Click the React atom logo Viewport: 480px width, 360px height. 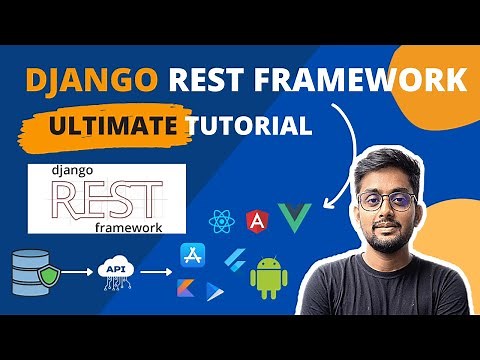[222, 220]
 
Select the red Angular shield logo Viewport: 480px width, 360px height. [258, 218]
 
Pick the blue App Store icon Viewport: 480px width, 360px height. [191, 258]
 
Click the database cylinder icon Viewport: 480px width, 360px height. [29, 272]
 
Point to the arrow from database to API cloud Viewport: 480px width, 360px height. [73, 272]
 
